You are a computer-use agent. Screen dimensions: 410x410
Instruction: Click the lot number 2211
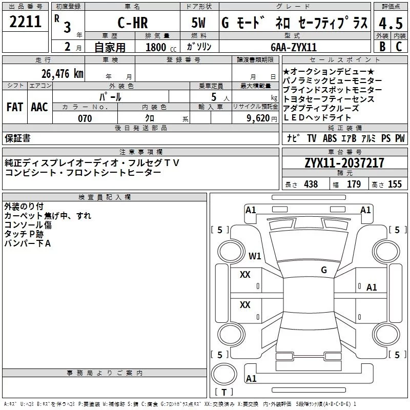25,22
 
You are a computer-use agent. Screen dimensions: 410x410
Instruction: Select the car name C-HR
133,23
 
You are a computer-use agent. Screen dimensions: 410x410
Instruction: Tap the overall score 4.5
391,23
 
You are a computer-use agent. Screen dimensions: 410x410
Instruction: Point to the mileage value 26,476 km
63,74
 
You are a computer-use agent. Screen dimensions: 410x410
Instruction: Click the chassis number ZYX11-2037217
344,163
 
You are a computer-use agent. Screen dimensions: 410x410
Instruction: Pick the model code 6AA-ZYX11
294,47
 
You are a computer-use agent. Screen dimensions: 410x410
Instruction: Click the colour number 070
85,118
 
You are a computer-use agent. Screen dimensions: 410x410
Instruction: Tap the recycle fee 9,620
258,118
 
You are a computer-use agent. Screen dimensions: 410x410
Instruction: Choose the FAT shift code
15,107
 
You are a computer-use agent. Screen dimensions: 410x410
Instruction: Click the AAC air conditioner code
39,107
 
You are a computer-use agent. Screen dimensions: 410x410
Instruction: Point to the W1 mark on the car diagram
255,256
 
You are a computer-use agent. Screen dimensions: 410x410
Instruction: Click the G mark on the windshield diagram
324,270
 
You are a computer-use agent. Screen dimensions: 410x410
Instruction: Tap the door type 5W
198,23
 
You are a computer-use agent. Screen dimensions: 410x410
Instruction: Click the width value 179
354,184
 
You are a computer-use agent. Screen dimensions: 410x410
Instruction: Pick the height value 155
395,184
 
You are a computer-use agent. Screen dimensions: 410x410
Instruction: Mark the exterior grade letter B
382,47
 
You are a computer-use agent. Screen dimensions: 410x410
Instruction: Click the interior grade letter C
399,47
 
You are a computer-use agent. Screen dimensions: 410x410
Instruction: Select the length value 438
311,184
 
